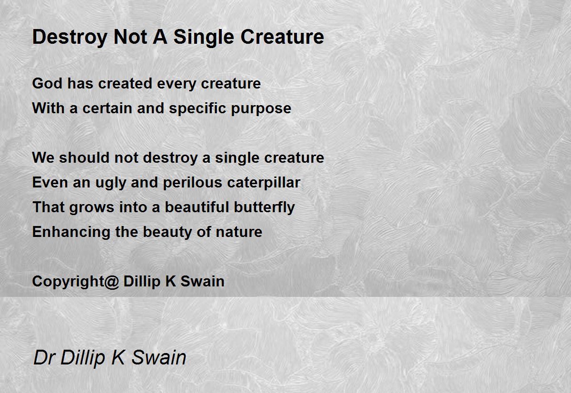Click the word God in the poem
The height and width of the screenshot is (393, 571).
[x=47, y=83]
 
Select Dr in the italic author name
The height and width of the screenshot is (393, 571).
[x=44, y=357]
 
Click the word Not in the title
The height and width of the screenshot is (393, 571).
[x=130, y=37]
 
